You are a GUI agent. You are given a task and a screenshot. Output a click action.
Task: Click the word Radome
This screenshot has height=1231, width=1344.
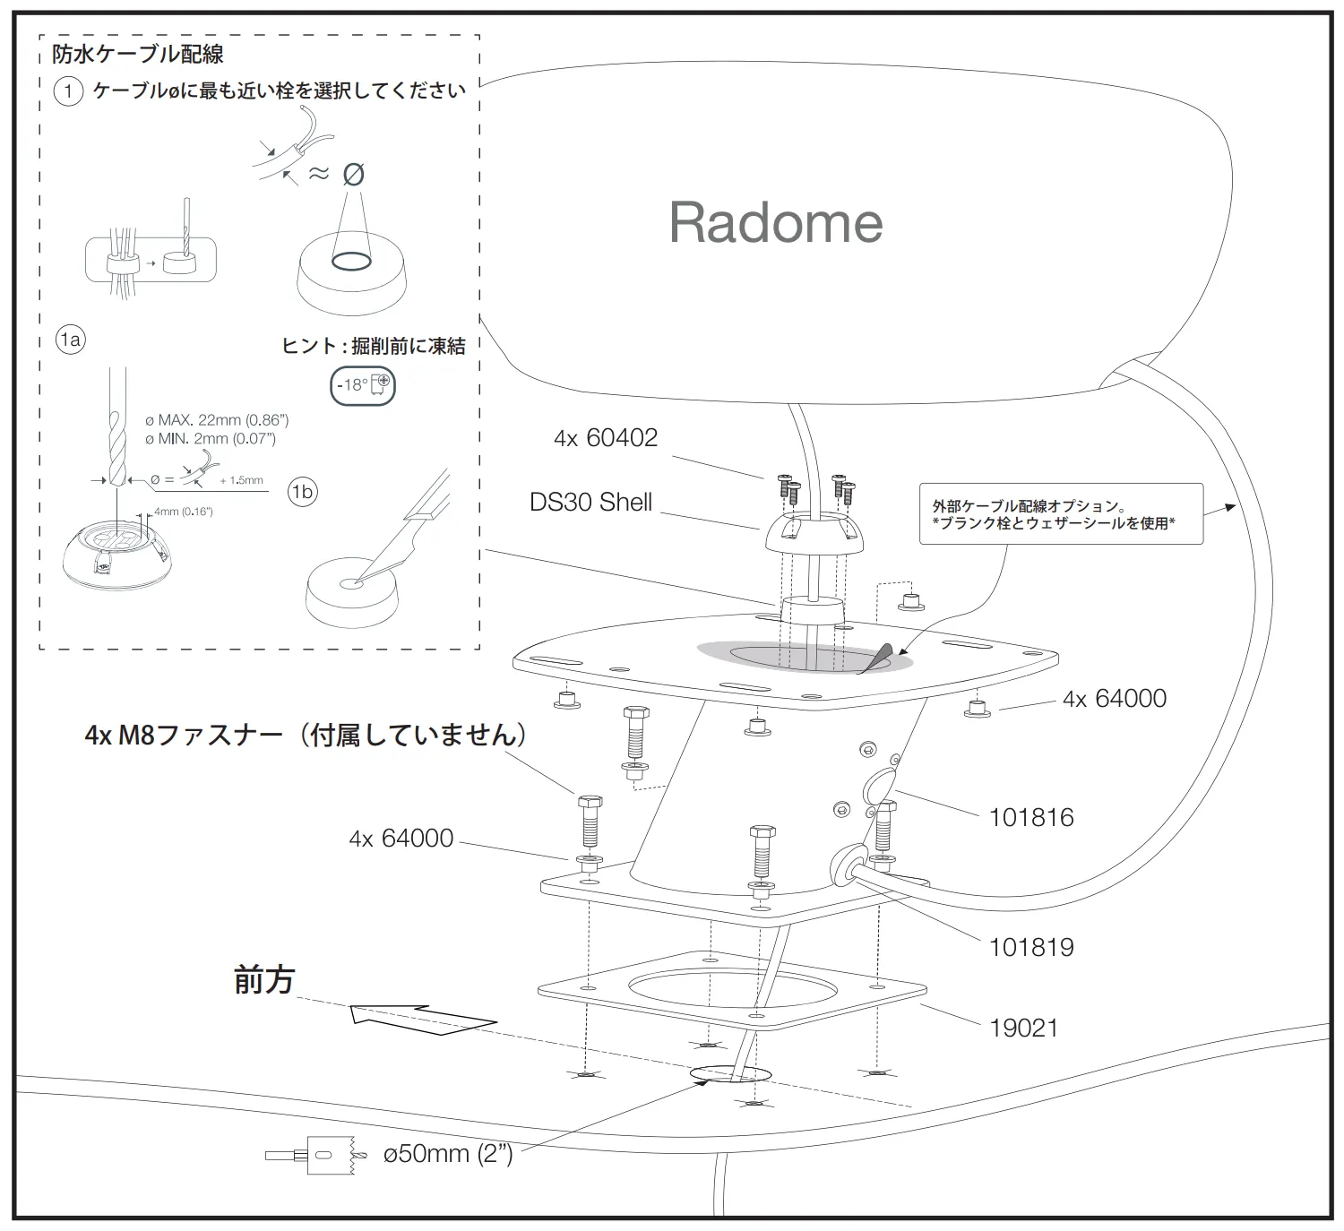coord(776,222)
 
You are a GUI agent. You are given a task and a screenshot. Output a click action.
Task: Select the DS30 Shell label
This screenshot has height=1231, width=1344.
coord(590,502)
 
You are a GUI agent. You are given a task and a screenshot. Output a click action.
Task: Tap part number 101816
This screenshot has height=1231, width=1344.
coord(1031,817)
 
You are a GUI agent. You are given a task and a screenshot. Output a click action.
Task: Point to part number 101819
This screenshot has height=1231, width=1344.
coord(1031,947)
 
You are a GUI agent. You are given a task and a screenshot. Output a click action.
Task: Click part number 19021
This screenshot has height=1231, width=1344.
coord(1024,1028)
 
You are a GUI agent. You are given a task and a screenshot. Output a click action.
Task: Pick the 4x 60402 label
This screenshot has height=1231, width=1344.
coord(606,437)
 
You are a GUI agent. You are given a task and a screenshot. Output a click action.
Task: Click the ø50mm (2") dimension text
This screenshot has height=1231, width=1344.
coord(448,1153)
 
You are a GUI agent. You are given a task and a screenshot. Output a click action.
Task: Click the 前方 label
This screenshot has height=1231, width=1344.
coord(264,980)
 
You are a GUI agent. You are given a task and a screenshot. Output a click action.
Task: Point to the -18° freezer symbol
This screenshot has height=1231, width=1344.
coord(363,386)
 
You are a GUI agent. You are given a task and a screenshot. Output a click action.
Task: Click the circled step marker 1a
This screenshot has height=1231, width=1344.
coord(70,340)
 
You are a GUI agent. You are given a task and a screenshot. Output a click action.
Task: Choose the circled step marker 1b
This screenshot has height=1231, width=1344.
coord(303,492)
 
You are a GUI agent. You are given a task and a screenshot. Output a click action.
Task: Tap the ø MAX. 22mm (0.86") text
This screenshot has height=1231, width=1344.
coord(217,419)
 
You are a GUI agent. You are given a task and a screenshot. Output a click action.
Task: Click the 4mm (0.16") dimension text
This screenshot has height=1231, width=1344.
coord(183,512)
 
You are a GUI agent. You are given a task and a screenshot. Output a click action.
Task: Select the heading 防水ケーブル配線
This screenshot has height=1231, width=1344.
coord(137,55)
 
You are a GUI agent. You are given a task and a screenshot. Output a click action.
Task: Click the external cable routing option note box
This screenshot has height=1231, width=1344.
coord(1061,514)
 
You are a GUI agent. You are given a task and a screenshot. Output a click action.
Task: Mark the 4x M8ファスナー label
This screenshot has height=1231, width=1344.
coord(306,736)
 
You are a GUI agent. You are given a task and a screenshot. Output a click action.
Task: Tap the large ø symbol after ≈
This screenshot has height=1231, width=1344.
coord(354,174)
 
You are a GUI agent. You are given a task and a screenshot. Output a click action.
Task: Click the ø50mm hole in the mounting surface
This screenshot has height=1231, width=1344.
coord(730,1074)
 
